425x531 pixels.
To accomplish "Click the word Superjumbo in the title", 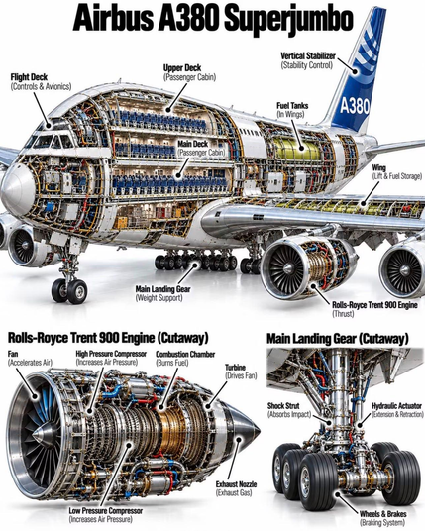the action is (x=289, y=19).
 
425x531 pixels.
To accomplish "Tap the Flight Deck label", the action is (x=41, y=82).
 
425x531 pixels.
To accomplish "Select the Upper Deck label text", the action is (x=189, y=72).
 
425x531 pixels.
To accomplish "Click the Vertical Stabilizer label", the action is (x=308, y=60).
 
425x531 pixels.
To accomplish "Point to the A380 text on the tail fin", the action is (x=355, y=106).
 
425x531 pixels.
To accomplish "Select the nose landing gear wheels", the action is (x=69, y=290).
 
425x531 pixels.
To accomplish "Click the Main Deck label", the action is (x=201, y=148).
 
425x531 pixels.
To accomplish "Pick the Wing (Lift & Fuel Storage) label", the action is (x=397, y=172).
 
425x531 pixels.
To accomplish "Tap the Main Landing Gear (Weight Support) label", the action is (x=162, y=293).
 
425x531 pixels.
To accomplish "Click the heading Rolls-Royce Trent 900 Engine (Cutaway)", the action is (x=108, y=338).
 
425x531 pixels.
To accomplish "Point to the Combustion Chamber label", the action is (x=185, y=359).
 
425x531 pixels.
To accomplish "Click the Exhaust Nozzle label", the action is (x=236, y=488).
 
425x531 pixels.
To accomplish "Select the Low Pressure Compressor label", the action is (x=106, y=515).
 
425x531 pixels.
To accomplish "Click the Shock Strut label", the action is (x=289, y=410).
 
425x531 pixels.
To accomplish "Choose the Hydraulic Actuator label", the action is (x=397, y=410).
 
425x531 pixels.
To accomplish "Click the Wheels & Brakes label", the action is (x=382, y=518).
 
